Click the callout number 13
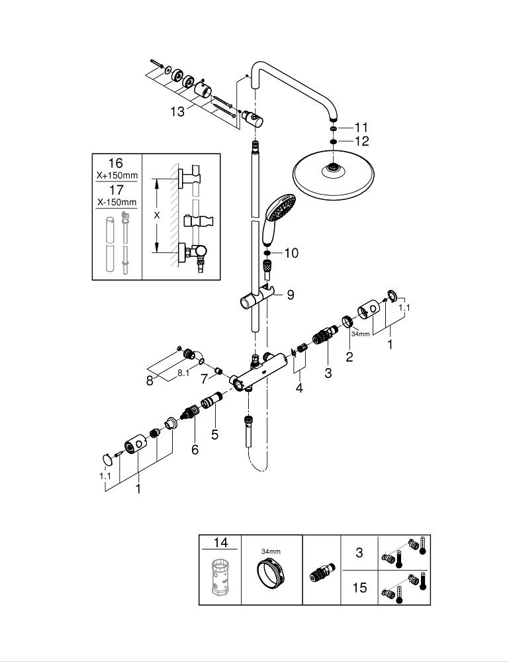[x=177, y=112]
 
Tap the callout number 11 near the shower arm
[x=361, y=128]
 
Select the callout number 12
[x=361, y=141]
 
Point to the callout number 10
[x=291, y=254]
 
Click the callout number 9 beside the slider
[x=291, y=295]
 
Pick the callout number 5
[x=215, y=434]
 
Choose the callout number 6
[x=195, y=449]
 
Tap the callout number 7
[x=205, y=379]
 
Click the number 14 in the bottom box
[x=220, y=543]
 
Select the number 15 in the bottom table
[x=359, y=588]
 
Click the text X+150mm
[x=116, y=175]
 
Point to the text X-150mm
[x=116, y=202]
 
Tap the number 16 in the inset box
[x=116, y=163]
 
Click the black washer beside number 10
[x=267, y=254]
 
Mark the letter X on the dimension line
[x=157, y=215]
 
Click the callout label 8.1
[x=183, y=373]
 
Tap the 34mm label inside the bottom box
[x=271, y=551]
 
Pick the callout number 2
[x=349, y=357]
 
